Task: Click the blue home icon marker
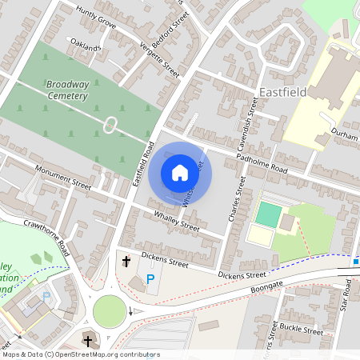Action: pyautogui.click(x=180, y=172)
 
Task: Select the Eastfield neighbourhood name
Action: pyautogui.click(x=282, y=93)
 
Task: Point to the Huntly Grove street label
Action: pyautogui.click(x=96, y=19)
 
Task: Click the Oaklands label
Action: pyautogui.click(x=86, y=45)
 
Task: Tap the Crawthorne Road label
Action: pyautogui.click(x=46, y=237)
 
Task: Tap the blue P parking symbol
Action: pyautogui.click(x=150, y=280)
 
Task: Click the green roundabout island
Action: pyautogui.click(x=110, y=311)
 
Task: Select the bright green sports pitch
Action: pyautogui.click(x=268, y=214)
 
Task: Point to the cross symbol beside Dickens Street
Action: pyautogui.click(x=126, y=261)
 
